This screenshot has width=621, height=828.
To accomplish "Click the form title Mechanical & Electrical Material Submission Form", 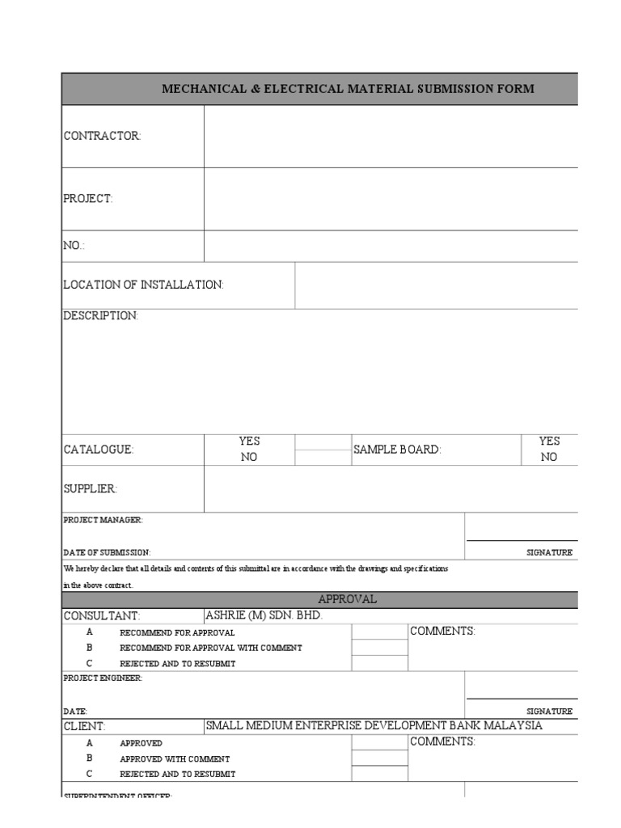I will point(348,89).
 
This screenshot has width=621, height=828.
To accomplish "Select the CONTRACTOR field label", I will point(102,136).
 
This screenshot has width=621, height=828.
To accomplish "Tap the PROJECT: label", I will point(88,199).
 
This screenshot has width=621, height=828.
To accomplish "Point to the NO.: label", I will point(74,246).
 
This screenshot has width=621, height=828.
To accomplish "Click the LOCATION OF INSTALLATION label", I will point(143,285).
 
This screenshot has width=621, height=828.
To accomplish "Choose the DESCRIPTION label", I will point(101,316).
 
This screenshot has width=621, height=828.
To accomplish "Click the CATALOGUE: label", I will point(99,450).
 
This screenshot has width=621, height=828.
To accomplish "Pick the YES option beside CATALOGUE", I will point(249,441).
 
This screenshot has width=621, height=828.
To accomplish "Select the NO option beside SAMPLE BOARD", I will point(549,457).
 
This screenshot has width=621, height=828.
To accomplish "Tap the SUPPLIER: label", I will point(91,489).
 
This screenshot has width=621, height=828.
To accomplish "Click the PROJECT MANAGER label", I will point(103,520).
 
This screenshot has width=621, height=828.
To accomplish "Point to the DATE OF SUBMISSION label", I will point(107,552).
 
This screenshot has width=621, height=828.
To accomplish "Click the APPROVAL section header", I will point(347,599).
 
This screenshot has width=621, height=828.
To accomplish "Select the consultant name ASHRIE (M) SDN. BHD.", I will point(264,615).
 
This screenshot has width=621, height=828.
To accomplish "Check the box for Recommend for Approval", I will point(379,632).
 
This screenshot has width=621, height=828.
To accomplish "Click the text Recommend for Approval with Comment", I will point(210,648).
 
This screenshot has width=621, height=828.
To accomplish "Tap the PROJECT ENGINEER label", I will point(103,678).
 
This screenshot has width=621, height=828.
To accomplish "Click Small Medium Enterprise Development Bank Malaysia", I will point(374,725).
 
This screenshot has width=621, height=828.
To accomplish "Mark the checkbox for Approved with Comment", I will point(379,758).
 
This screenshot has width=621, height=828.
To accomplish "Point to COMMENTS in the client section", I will point(442,741).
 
